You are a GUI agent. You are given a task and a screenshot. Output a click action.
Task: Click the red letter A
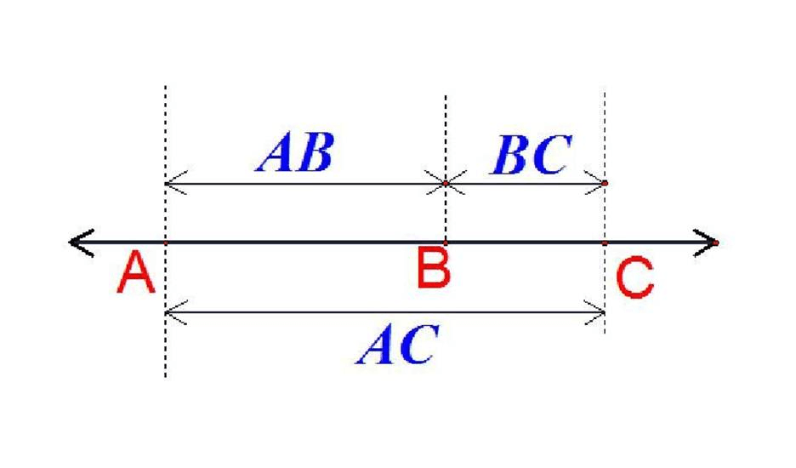coord(135,273)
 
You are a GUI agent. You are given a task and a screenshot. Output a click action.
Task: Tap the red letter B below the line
coord(433,267)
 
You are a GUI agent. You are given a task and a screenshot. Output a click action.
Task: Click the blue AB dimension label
coord(296,151)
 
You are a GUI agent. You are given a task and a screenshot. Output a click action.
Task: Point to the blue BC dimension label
coord(532,155)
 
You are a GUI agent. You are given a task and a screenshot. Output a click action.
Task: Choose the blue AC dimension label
coord(397,344)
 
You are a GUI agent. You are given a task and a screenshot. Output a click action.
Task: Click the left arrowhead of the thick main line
coord(82,243)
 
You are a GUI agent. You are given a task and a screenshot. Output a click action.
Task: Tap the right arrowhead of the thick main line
coord(706,243)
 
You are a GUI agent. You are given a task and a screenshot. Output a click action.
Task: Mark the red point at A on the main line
coord(166,243)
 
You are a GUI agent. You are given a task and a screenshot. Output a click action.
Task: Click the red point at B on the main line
coord(446,243)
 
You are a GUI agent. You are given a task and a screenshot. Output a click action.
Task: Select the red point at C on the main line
coord(605,243)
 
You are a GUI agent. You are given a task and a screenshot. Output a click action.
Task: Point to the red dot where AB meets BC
coord(446,183)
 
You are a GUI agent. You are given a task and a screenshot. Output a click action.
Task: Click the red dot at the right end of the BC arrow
coord(605,183)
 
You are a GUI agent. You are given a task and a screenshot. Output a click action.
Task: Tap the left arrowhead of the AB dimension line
coord(176,183)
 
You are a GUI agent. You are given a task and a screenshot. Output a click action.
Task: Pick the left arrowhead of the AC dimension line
coord(176,312)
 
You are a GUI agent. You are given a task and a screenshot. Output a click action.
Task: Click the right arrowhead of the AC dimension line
coord(594,312)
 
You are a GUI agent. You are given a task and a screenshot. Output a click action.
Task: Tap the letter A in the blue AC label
coord(376,344)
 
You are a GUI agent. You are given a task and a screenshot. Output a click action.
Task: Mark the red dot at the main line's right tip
coord(716,243)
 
